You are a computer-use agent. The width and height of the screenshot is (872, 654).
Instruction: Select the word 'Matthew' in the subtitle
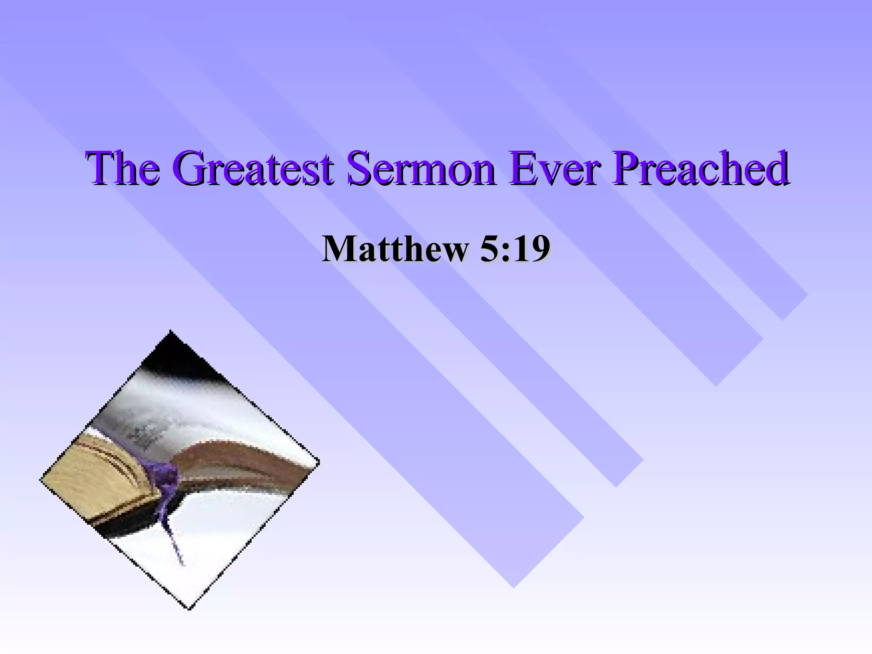coord(394,249)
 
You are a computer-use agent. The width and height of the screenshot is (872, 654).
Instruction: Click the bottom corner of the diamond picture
coord(189,606)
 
